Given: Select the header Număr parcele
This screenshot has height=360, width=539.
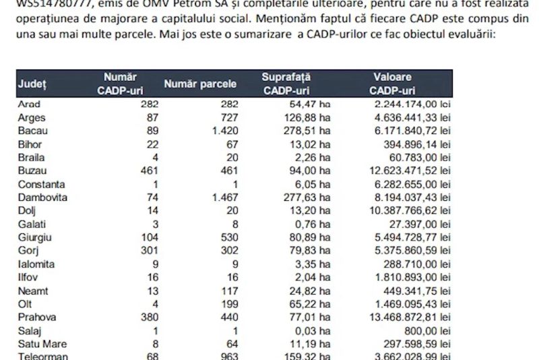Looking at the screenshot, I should [x=200, y=85].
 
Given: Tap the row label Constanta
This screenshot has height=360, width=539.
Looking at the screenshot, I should [x=42, y=183].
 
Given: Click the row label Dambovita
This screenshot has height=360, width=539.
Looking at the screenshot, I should [x=44, y=196].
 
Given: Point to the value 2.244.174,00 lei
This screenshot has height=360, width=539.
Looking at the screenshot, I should [x=412, y=104].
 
